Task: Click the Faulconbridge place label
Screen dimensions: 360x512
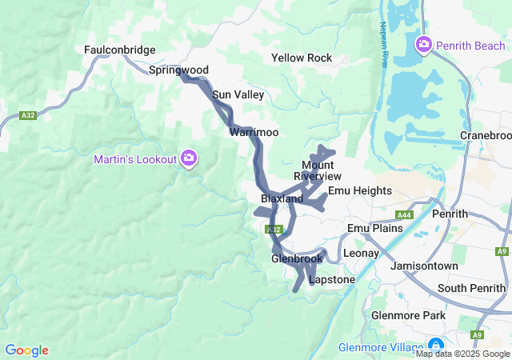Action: click(x=119, y=50)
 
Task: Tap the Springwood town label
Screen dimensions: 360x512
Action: click(x=178, y=70)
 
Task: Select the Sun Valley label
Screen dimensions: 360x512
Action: click(x=238, y=94)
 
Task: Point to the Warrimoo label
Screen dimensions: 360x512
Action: click(x=254, y=132)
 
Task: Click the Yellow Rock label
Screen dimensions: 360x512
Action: click(x=302, y=58)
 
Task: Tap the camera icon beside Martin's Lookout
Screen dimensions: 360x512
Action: click(x=189, y=158)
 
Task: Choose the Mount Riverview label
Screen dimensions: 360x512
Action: click(x=318, y=170)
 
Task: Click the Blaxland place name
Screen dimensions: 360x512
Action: click(x=282, y=198)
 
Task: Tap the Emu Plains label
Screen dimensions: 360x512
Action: click(x=374, y=229)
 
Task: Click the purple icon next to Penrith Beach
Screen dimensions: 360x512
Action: click(x=423, y=45)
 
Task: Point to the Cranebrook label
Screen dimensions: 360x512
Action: click(x=486, y=135)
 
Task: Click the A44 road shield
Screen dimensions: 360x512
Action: click(x=405, y=215)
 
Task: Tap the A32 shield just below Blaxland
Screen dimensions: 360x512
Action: click(x=272, y=230)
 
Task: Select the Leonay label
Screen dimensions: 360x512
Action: click(x=360, y=253)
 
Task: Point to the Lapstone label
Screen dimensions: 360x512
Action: click(x=331, y=280)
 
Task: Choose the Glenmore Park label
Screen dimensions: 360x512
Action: click(x=408, y=315)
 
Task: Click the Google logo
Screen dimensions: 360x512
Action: click(x=27, y=350)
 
